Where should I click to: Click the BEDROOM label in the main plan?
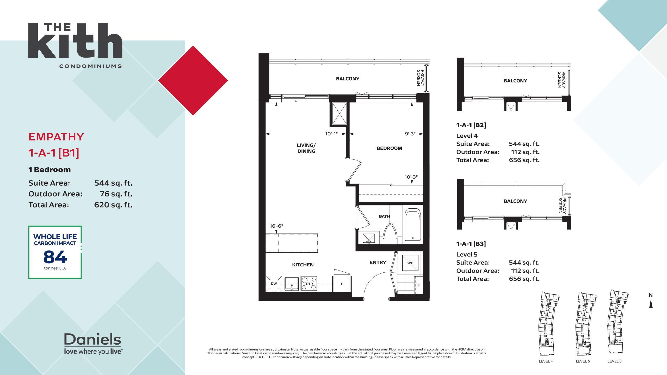coord(389,148)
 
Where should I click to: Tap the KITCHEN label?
coord(303,265)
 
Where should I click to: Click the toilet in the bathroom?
coord(390,234)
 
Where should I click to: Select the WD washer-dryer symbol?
coord(410,263)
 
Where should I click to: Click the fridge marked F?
coord(342,284)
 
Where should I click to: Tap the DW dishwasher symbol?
coord(274,284)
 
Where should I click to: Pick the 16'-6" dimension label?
coord(276,226)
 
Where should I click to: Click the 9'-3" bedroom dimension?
coord(410,134)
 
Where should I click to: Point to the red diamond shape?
coord(193,80)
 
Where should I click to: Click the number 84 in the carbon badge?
coord(55,257)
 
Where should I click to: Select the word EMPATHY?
coord(56,137)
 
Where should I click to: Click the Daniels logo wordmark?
coord(92,339)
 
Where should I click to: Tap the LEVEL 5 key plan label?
coord(583,361)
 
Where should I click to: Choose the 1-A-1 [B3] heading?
coord(471,244)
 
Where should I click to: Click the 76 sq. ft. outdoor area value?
coord(116,194)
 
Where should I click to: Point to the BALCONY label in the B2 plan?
coord(515,81)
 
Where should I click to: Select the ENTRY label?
coord(378,262)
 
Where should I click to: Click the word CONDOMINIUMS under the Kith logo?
coord(90,66)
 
